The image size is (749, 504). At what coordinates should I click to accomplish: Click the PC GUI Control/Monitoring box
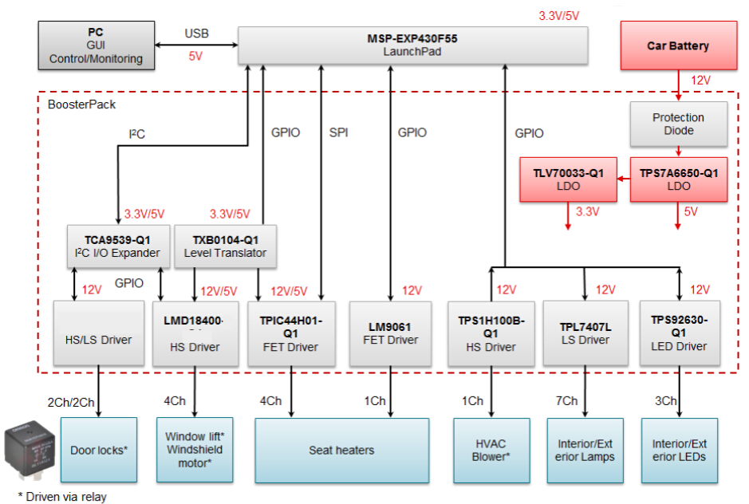96,45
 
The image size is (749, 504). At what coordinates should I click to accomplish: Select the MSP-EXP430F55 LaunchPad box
412,45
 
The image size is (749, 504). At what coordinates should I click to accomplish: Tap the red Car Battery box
677,46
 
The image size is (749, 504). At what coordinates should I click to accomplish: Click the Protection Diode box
678,124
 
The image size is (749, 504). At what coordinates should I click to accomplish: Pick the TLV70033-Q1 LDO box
569,179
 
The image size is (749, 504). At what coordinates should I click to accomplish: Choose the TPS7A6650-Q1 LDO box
679,179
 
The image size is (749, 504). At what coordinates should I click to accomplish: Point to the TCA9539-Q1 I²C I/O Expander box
117,246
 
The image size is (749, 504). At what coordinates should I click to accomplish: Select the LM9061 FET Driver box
391,333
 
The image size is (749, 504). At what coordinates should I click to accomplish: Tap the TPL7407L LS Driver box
585,333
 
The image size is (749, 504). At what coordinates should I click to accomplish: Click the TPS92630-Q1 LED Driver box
679,333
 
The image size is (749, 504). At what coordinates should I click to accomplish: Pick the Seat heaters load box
341,450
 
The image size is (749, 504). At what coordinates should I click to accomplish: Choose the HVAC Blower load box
490,450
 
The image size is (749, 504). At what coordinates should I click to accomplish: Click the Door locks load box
99,450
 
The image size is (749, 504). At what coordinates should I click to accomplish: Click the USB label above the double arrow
196,34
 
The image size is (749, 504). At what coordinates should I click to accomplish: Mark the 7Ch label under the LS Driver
567,400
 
